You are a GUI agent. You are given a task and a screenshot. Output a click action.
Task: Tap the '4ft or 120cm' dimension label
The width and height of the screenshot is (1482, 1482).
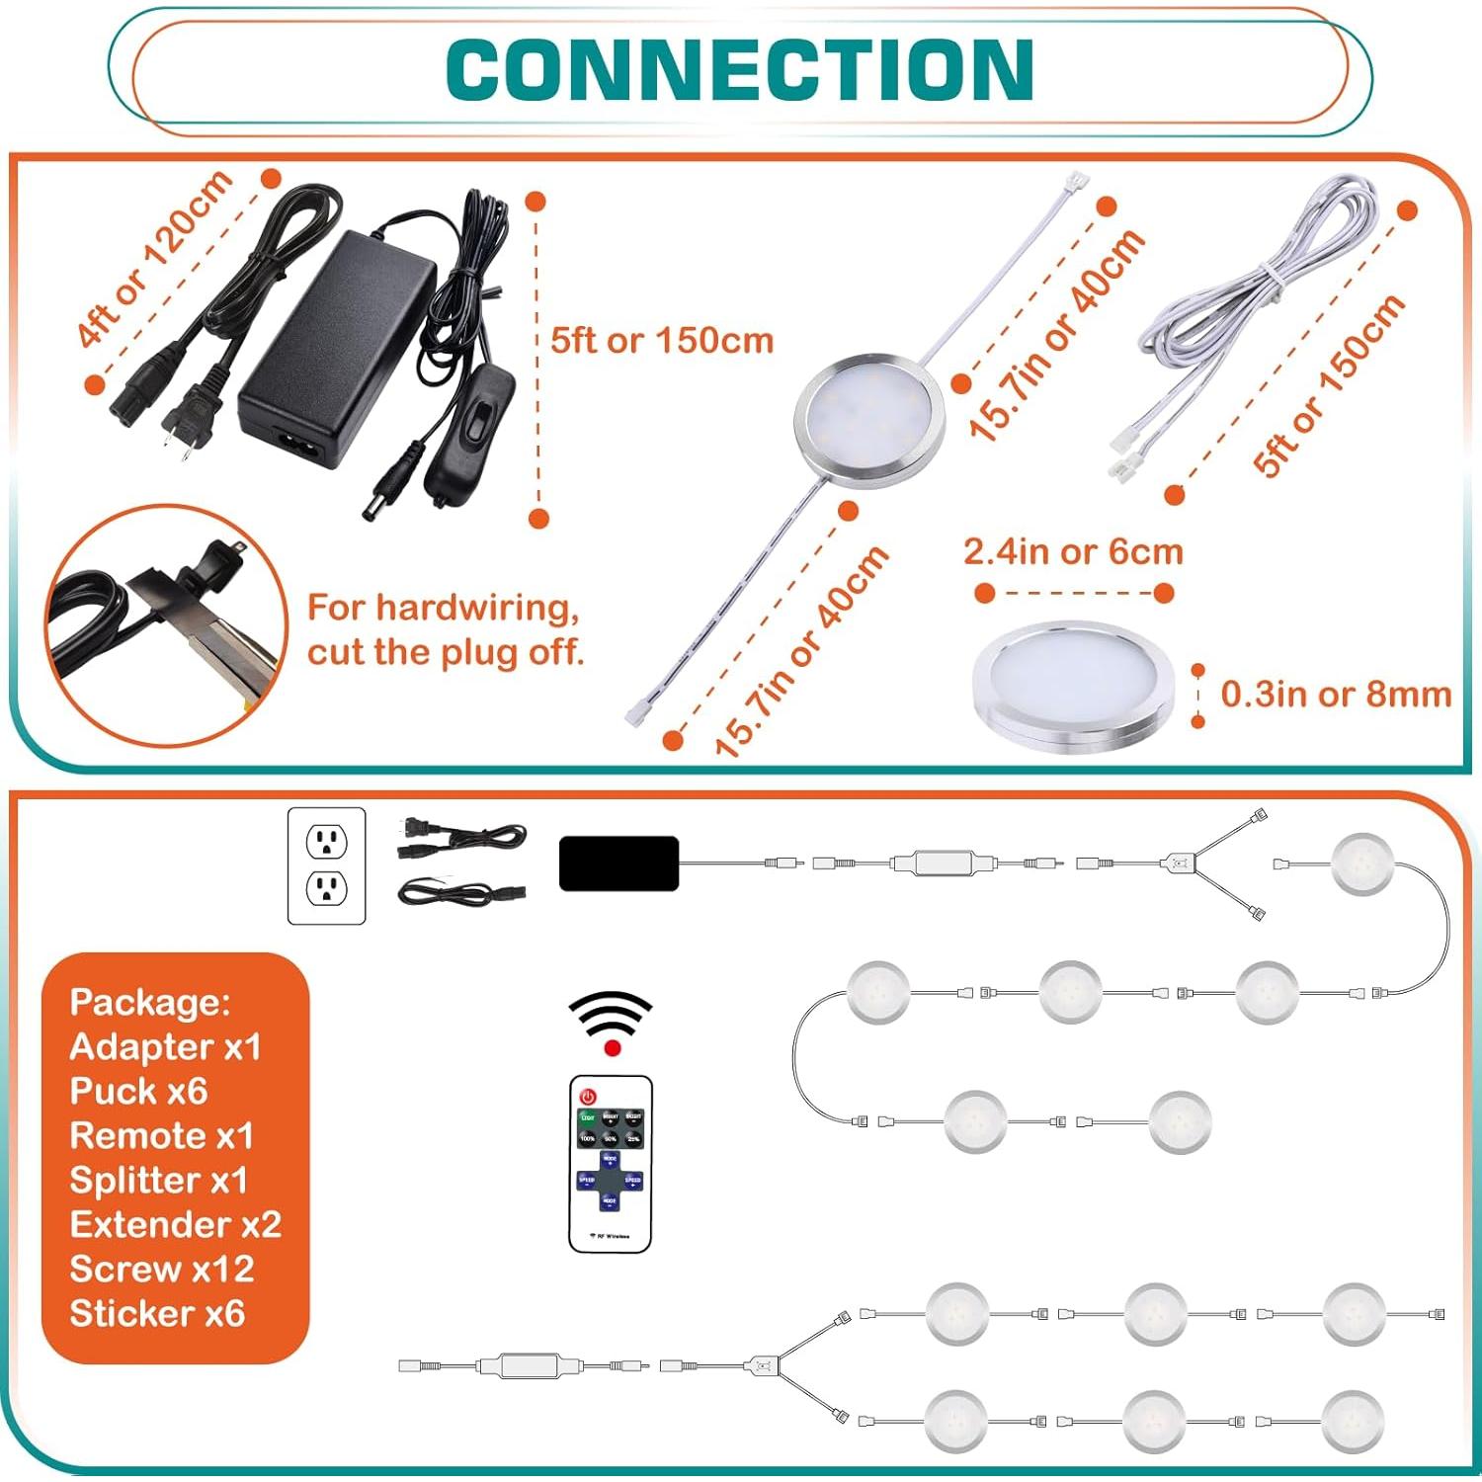point(155,259)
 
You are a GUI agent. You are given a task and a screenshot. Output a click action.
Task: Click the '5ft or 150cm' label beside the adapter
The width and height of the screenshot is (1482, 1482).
point(661,341)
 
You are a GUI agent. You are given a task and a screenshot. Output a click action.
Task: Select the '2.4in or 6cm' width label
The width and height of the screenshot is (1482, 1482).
point(1073,551)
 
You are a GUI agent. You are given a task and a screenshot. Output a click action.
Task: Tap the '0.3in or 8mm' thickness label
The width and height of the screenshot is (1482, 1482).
point(1336,694)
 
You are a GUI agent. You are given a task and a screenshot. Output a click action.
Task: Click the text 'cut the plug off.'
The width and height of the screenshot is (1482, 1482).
point(446,652)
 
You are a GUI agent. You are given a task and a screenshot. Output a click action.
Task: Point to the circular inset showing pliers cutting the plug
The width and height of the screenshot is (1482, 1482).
point(165,624)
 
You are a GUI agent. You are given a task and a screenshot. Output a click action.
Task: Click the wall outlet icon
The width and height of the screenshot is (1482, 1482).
point(326,865)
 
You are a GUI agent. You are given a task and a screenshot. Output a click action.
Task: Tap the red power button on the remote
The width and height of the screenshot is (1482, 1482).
point(589,1097)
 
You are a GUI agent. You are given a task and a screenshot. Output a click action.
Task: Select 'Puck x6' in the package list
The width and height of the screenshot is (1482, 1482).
point(138,1091)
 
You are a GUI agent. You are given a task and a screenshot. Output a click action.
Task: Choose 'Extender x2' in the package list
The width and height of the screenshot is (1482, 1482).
point(175,1224)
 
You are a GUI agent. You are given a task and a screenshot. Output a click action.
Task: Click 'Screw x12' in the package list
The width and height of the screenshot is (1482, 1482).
point(162,1269)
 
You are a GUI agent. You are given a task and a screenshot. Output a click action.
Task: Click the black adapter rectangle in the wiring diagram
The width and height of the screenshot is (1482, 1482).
point(618,864)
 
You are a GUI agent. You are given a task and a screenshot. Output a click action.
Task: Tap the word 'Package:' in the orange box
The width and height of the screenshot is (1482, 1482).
point(149,1002)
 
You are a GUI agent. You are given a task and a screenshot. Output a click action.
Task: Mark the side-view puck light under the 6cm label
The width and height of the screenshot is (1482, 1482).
point(1073,688)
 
